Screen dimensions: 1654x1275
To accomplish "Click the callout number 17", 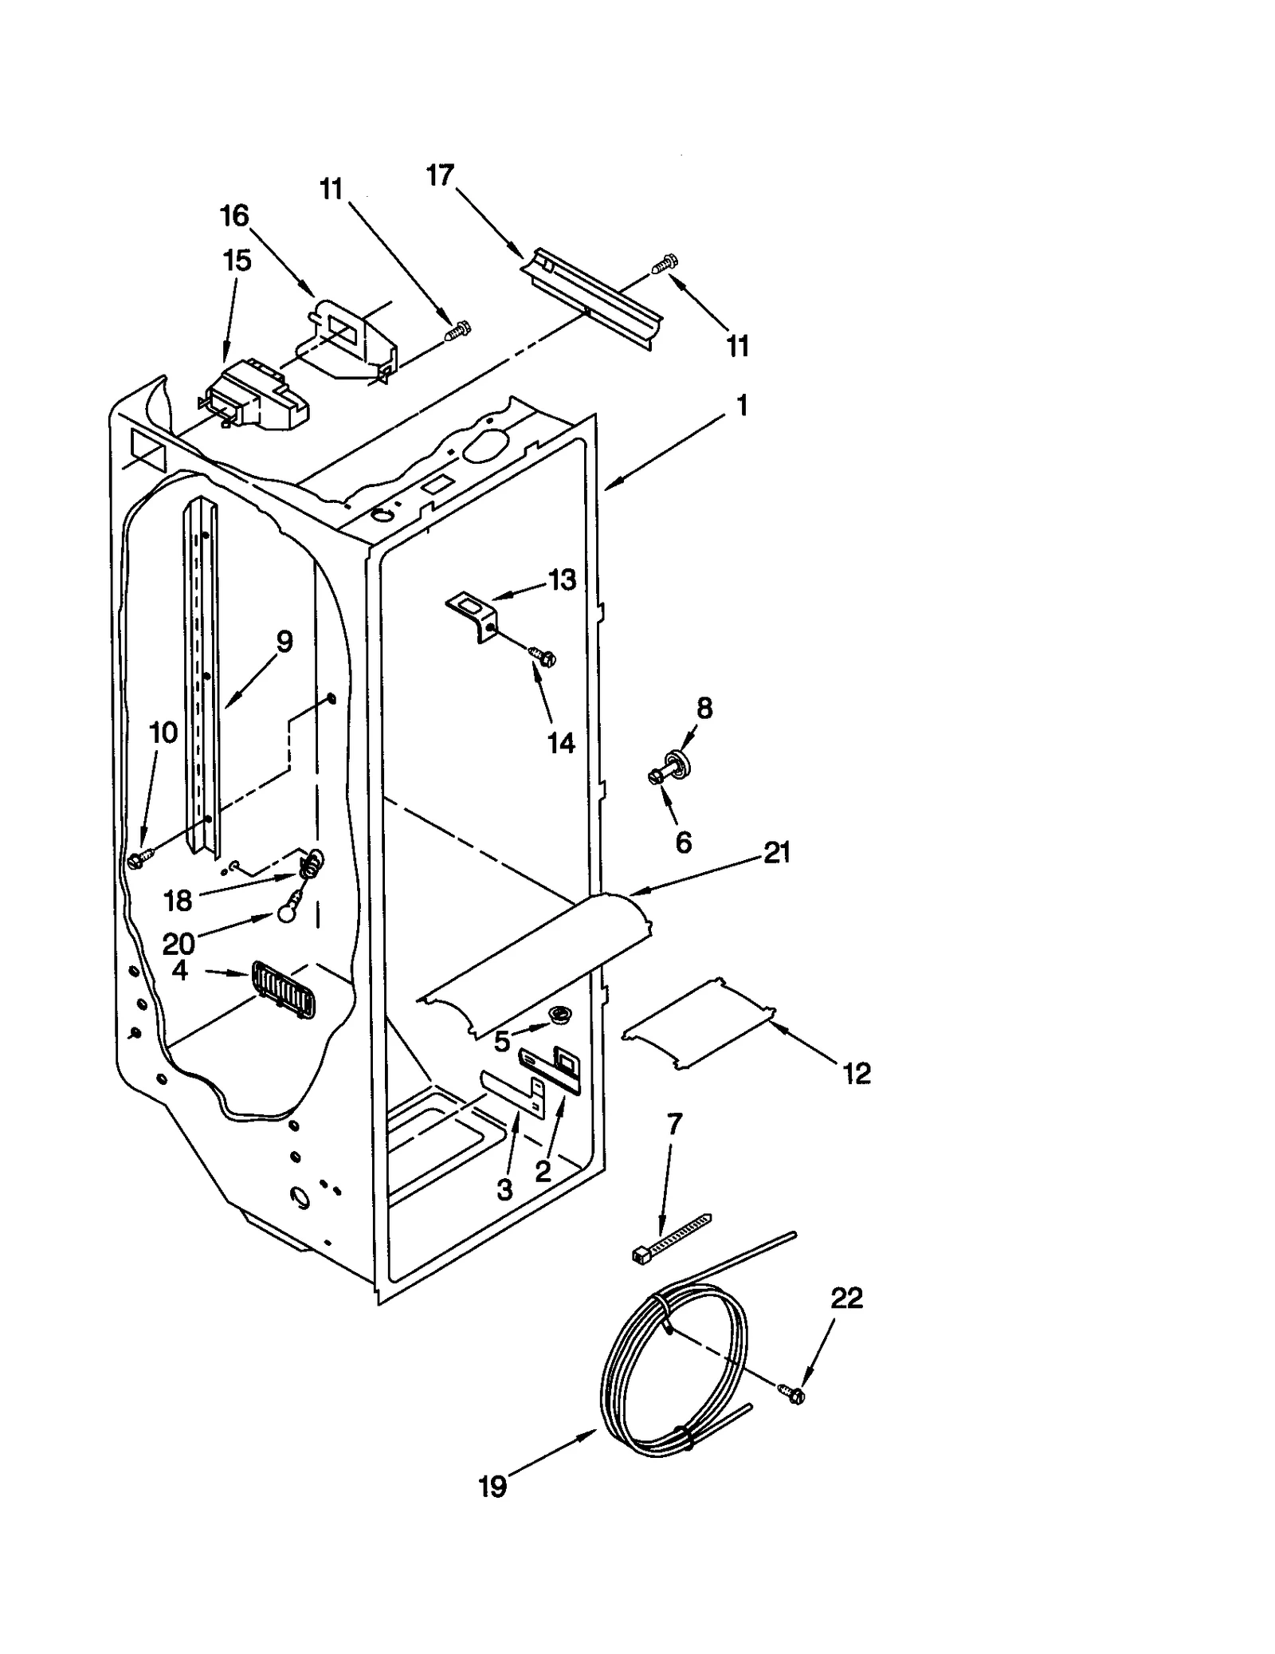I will tap(440, 175).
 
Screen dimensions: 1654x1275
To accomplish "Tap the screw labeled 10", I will tap(135, 859).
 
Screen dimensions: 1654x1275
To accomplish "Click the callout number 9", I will tap(284, 641).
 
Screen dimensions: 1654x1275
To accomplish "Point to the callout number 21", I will tap(777, 853).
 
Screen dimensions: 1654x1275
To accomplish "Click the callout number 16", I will tap(234, 215).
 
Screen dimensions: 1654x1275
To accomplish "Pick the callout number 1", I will tap(742, 406).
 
